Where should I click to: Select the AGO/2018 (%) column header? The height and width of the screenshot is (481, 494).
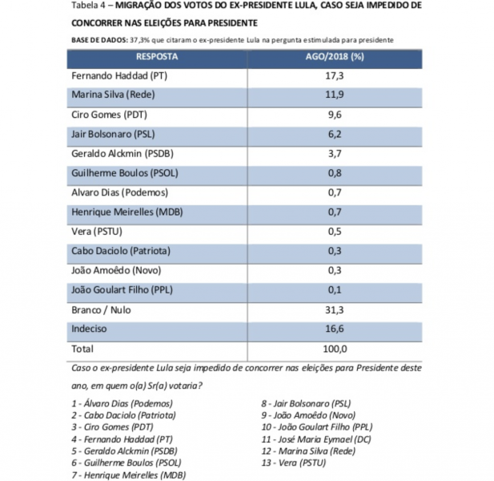coord(335,57)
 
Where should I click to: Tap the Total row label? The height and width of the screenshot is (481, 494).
coord(82,349)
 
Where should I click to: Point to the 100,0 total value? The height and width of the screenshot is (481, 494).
coord(335,349)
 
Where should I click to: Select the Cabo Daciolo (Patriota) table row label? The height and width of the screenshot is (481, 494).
coord(117,251)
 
